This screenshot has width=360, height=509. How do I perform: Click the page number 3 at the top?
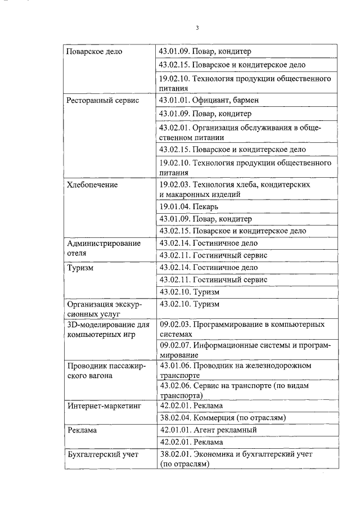197,28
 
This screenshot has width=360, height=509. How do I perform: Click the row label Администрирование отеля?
103,249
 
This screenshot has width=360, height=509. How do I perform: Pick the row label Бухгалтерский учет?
102,454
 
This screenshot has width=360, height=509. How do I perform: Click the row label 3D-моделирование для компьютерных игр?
107,330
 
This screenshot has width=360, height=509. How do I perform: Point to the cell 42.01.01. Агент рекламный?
208,430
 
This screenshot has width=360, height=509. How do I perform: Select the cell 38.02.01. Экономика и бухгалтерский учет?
236,459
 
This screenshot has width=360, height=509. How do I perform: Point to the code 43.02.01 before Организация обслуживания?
175,128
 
